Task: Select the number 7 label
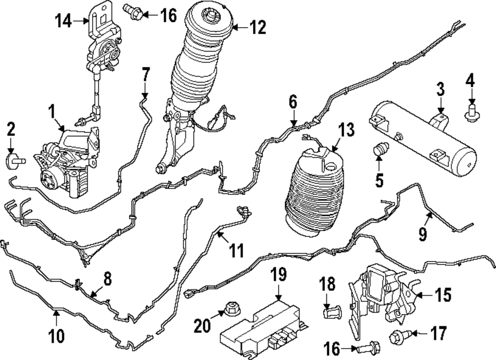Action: [x=145, y=75]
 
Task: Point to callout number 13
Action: [x=346, y=130]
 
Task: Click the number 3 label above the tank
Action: [x=440, y=89]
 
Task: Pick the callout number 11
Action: [x=237, y=250]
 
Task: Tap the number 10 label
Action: [x=57, y=336]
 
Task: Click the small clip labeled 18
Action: [x=332, y=311]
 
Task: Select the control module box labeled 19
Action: [x=263, y=330]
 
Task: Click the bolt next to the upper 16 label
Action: [x=133, y=10]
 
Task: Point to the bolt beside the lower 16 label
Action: [x=368, y=349]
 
